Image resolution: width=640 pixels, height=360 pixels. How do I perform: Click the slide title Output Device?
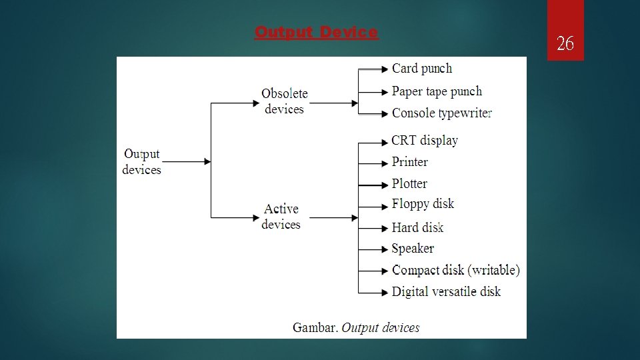(317, 32)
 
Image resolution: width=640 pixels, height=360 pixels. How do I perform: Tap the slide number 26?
(565, 45)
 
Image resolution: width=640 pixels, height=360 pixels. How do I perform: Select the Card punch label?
(422, 68)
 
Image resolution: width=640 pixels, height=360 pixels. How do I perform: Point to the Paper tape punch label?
(437, 91)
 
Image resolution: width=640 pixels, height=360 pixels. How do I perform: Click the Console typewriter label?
(442, 113)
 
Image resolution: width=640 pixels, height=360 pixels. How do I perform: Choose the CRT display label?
(425, 141)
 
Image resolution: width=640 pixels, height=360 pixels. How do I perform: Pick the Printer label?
(410, 162)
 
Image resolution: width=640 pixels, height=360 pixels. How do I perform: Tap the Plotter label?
(409, 183)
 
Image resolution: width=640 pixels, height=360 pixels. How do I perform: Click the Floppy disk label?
(423, 204)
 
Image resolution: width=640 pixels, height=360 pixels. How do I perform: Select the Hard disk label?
(418, 227)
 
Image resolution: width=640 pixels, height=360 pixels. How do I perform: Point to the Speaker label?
(413, 249)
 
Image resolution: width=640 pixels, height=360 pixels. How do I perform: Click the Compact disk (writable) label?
(456, 270)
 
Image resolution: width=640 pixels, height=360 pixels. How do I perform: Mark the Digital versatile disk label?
(446, 291)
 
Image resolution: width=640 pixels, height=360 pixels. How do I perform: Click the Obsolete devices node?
(285, 101)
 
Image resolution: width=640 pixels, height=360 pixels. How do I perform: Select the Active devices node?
(281, 217)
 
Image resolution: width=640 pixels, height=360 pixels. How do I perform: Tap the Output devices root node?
(141, 162)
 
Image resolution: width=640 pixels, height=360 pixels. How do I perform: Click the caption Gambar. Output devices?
(356, 327)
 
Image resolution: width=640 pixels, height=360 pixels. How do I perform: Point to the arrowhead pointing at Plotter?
(385, 184)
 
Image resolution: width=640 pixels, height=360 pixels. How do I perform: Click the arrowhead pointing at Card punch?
(385, 69)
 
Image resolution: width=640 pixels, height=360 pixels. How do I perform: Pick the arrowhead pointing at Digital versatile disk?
(385, 292)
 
